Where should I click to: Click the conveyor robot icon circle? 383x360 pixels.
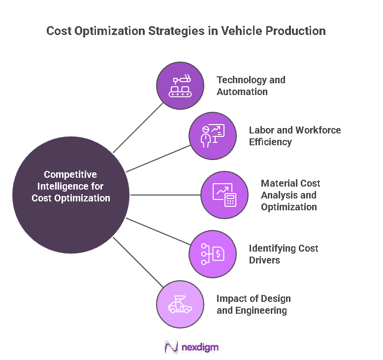180,86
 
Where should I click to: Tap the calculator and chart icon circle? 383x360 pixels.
224,195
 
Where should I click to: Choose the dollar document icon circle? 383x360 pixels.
213,255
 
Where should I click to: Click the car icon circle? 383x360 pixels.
180,304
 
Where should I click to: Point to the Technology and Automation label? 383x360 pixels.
251,86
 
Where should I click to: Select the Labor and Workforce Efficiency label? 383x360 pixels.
295,136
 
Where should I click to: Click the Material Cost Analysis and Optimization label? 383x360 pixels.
290,195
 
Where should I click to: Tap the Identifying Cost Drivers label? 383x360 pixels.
284,254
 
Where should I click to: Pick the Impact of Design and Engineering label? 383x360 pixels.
254,304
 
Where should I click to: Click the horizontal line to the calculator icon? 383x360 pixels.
165,195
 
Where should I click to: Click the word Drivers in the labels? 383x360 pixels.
264,260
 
